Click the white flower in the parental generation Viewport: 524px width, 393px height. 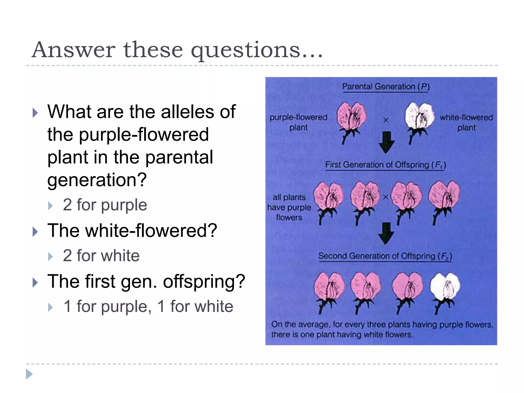[419, 116]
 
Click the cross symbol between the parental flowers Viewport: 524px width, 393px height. [386, 120]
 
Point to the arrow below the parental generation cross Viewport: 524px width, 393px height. [386, 142]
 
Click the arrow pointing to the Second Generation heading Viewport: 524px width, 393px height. [386, 233]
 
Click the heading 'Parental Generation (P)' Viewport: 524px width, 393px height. [386, 87]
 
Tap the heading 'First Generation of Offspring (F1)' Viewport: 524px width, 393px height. [385, 165]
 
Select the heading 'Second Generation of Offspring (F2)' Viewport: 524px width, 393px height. [385, 256]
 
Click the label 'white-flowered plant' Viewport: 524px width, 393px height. [466, 122]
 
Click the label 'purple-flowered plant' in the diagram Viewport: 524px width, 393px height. [298, 122]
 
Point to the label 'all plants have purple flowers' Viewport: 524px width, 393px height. [289, 207]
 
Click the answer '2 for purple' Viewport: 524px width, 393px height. [105, 205]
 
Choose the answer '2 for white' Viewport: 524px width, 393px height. [101, 256]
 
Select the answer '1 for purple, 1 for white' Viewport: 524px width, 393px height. [148, 306]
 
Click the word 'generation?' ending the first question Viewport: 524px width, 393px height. [97, 180]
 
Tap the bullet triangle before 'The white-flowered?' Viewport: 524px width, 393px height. [35, 232]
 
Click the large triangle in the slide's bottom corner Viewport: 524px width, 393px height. [29, 374]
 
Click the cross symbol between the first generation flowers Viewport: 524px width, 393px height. [386, 197]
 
